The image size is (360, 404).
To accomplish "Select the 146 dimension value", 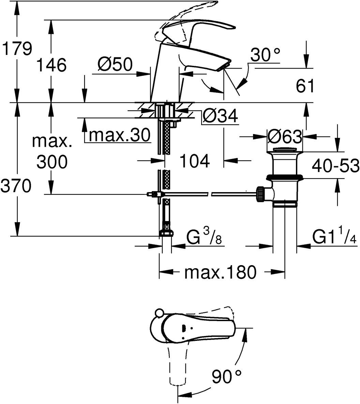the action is coord(51,64).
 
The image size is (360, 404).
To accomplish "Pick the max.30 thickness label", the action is coord(119,135).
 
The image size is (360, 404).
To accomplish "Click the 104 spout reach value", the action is coord(194,161).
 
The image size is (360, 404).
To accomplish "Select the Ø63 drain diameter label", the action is coord(284,136).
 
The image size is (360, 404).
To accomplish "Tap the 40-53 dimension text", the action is coord(335,165).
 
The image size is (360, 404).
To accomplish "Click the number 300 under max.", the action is coord(52,162).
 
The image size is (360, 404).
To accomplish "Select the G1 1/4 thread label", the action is coord(334,235).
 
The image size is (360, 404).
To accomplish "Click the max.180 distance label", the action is coord(221,272).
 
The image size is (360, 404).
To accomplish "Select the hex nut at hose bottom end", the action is coord(166,233).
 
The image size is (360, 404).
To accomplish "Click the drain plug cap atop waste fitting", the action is coord(284,149).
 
